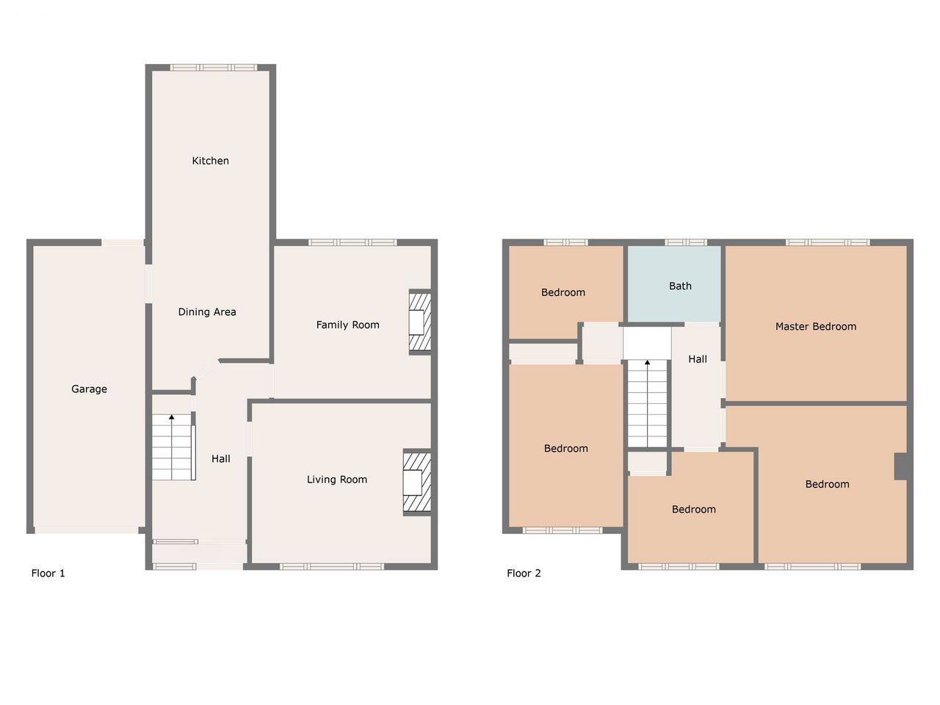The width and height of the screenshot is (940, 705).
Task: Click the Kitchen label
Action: coord(210,161)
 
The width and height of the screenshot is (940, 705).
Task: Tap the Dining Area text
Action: coord(207,312)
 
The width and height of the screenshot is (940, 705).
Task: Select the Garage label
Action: coord(89,389)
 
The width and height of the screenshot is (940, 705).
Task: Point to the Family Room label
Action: coord(348,325)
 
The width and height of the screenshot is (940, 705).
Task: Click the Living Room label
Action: coord(337,480)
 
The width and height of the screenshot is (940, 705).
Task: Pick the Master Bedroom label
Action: coord(816,327)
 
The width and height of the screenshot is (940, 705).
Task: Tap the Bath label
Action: coord(680,286)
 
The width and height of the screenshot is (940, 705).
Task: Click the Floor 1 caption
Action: coord(48,573)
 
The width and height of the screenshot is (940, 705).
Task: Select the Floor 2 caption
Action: coord(524,573)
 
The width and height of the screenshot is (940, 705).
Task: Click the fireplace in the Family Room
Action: coord(419,322)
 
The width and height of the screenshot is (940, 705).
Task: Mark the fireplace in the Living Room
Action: coord(416,482)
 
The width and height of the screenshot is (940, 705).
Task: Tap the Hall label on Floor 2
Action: coord(697,359)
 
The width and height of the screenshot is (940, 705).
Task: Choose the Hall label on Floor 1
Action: coord(220,459)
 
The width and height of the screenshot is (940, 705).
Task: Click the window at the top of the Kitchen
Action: coord(214,68)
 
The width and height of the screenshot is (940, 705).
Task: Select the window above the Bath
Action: coord(686,242)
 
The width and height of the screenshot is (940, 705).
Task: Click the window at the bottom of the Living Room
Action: coord(332,567)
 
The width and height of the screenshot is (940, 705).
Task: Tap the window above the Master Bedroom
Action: coord(828,242)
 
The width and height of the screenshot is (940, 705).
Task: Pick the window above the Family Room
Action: coord(352,242)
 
